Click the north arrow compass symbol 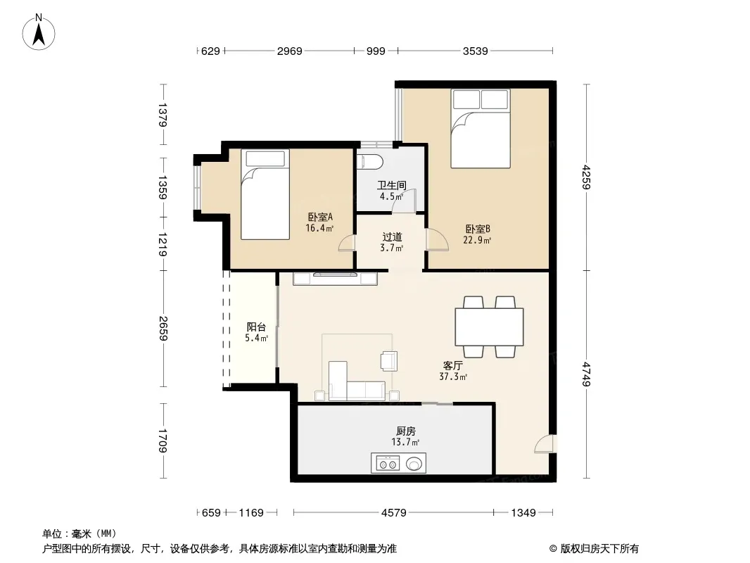click(x=39, y=32)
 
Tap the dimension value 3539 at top click(x=475, y=51)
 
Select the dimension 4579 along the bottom click(x=394, y=513)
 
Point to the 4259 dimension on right click(x=586, y=177)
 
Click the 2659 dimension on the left click(x=163, y=328)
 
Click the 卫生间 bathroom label click(x=392, y=185)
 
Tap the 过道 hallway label click(x=392, y=236)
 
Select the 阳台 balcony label click(x=256, y=327)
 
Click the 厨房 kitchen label click(x=406, y=431)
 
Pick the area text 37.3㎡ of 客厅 click(x=453, y=377)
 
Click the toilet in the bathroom click(x=370, y=162)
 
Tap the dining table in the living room click(x=489, y=327)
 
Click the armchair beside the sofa click(x=389, y=360)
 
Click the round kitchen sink click(x=414, y=464)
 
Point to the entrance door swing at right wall click(x=544, y=443)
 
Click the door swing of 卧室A click(x=346, y=243)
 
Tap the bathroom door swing click(x=404, y=201)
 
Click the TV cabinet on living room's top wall click(x=335, y=279)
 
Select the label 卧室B click(x=477, y=229)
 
